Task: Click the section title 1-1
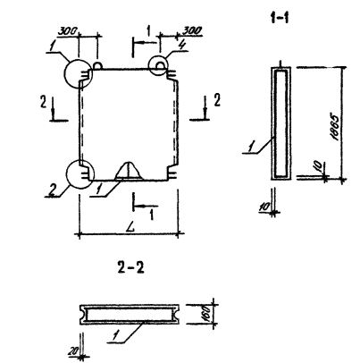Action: [x=280, y=19]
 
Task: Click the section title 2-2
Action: [x=130, y=267]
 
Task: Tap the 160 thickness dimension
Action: [x=207, y=314]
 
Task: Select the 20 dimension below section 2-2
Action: [x=72, y=351]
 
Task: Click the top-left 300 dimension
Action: [x=67, y=31]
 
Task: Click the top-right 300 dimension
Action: [x=192, y=30]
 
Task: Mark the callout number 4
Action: [x=182, y=45]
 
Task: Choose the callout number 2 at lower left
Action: [x=53, y=190]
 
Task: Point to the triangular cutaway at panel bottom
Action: [x=129, y=171]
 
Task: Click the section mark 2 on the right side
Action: [x=217, y=100]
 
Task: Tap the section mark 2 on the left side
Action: [x=44, y=102]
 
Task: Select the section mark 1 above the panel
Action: [x=148, y=31]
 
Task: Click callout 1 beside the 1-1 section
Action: [x=251, y=147]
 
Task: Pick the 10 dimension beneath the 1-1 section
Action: [x=264, y=207]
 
